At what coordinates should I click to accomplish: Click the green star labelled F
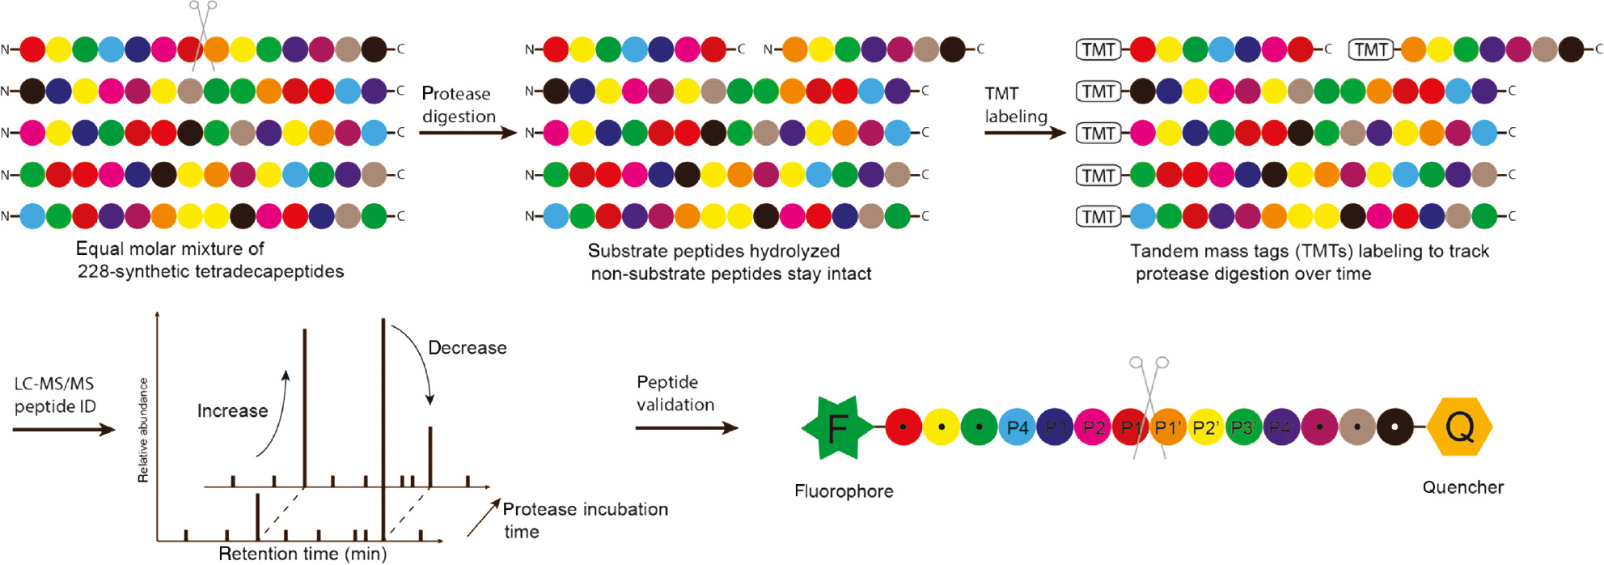pos(837,427)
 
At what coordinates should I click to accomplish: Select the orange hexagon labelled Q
pos(1460,427)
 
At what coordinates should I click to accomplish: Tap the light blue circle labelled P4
pos(1018,427)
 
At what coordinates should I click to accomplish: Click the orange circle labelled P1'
pos(1168,427)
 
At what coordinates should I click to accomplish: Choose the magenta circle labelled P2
pos(1094,427)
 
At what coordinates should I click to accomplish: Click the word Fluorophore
pos(844,491)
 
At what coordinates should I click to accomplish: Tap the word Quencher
pos(1462,487)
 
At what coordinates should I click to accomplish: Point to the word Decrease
pos(468,348)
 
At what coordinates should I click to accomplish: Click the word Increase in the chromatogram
pos(232,411)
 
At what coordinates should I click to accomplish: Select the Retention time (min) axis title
pos(303,554)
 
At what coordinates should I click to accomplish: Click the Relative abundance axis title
pos(143,430)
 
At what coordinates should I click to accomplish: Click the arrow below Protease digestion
pos(468,133)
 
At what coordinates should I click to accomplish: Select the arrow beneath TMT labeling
pos(1025,133)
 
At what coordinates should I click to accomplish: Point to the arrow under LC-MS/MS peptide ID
pos(64,430)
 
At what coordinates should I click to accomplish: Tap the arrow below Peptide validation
pos(686,427)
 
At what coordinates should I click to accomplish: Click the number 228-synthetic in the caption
pos(126,271)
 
